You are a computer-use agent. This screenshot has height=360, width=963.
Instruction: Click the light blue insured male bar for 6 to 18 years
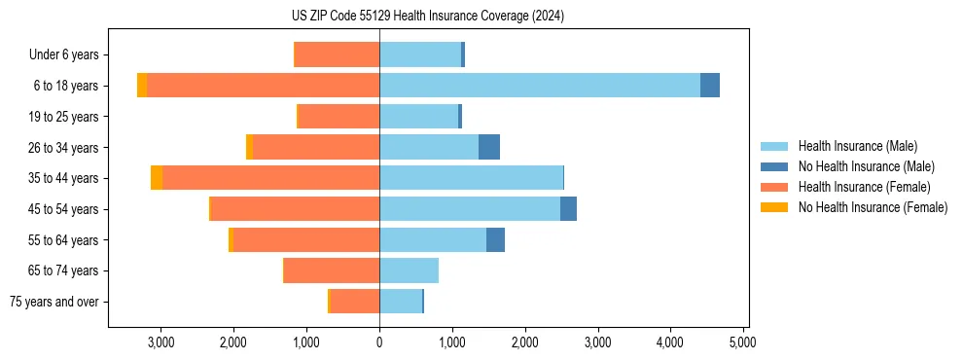[x=540, y=86]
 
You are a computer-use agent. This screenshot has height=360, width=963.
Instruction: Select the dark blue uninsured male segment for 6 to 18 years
[x=710, y=86]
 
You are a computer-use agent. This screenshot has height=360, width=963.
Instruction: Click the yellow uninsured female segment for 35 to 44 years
[x=157, y=178]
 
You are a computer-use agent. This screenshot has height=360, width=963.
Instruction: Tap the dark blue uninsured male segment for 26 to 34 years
[x=489, y=147]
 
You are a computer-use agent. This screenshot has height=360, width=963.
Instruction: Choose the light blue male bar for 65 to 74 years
[x=409, y=270]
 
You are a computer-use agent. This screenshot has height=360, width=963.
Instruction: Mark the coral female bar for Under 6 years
[x=337, y=54]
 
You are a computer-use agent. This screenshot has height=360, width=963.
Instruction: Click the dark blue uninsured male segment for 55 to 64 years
[x=495, y=239]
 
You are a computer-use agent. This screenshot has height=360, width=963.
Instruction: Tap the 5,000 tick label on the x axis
[x=743, y=342]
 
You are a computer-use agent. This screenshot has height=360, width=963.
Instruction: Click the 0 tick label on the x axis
[x=379, y=342]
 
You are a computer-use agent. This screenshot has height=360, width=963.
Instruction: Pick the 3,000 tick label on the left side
[x=160, y=342]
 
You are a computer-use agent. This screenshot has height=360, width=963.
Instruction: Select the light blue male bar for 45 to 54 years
[x=470, y=209]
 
